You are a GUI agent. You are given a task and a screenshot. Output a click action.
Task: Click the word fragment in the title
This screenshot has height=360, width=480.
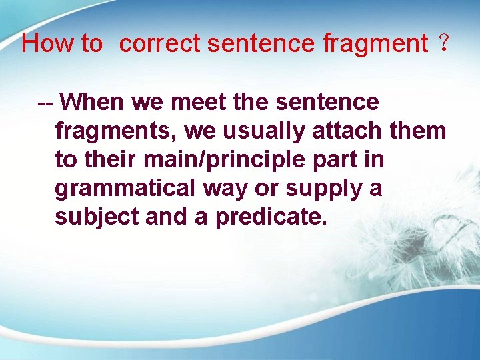(x=375, y=45)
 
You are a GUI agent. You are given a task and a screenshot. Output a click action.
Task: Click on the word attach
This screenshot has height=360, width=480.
(x=347, y=131)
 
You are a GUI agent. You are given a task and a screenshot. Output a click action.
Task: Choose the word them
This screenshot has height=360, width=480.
(x=417, y=131)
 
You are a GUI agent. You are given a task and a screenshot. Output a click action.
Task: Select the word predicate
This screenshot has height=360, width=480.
(x=271, y=218)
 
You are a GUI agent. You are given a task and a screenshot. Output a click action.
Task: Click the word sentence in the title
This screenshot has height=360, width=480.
(x=261, y=44)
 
